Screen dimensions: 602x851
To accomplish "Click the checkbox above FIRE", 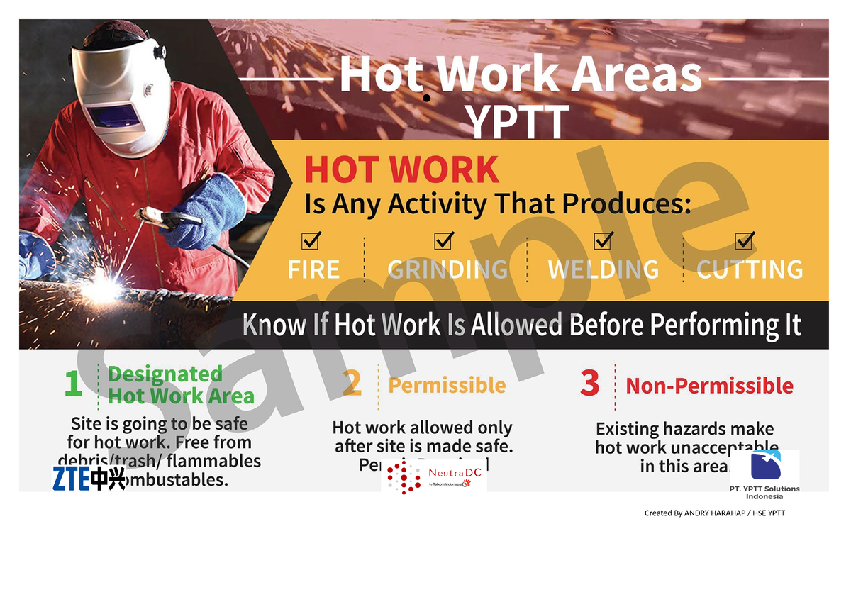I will pos(311,241).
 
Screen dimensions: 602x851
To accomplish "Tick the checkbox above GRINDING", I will pos(444,241).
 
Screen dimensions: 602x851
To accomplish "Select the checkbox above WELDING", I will pos(604,241).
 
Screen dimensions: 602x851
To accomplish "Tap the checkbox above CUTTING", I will pos(745,241).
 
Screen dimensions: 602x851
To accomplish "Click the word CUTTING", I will pos(750,269).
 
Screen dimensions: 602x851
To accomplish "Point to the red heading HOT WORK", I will pos(402,170).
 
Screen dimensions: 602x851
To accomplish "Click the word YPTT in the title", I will pos(518,122).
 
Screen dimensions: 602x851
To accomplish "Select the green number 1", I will pos(73,384).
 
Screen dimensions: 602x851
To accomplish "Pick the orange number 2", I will pos(352,384).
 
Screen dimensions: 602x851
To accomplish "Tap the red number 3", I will pos(589,384).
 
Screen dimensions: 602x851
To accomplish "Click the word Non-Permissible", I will pos(709,386).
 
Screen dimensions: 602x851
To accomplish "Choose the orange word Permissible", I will pos(447,386).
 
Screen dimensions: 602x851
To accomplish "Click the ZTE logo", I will pos(89,479).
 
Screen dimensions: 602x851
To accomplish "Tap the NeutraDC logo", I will pos(434,476).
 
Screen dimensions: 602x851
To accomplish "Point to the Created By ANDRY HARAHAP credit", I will pos(714,513).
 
